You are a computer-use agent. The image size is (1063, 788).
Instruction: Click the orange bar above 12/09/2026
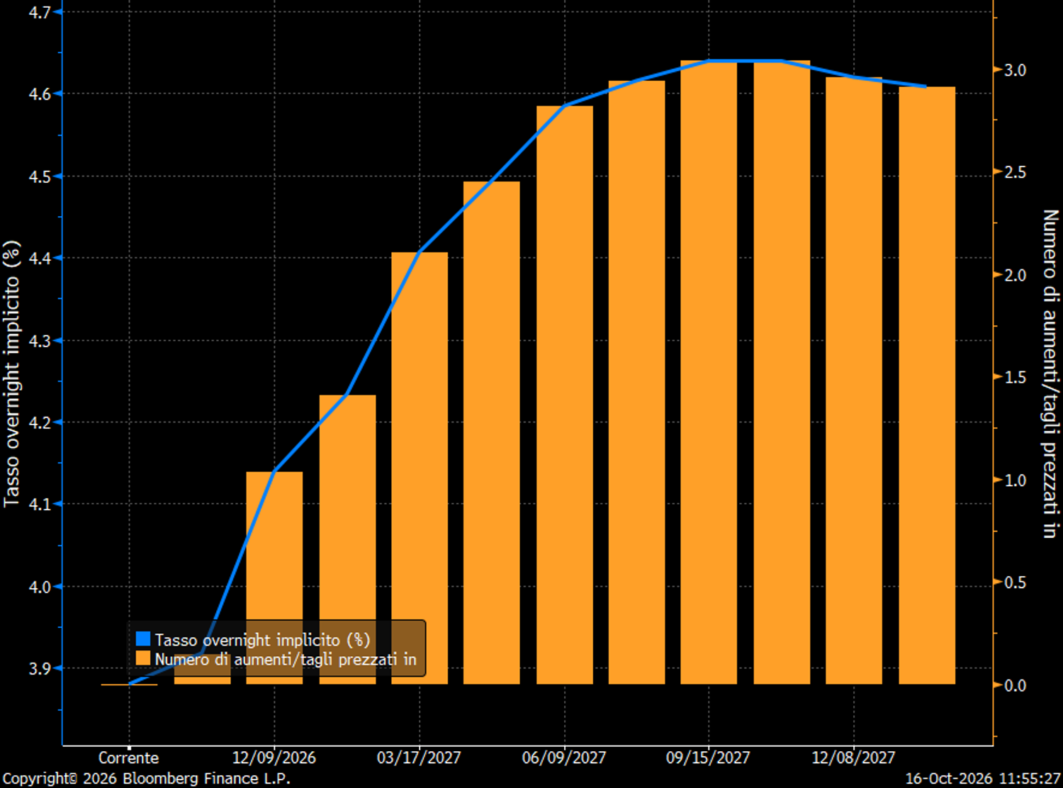pos(274,578)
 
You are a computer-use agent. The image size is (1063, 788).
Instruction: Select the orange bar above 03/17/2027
pos(420,468)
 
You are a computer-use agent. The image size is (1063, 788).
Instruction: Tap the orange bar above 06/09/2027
pos(565,395)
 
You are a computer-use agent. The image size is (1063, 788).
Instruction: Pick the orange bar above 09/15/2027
pos(709,373)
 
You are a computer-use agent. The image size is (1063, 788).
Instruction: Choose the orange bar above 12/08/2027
pos(854,381)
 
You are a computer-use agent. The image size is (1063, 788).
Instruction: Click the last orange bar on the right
pos(927,385)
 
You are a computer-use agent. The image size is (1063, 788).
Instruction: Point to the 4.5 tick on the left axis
pos(58,176)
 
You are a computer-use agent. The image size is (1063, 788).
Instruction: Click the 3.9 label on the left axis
pos(39,668)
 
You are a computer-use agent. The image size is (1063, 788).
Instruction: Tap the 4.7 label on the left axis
pos(39,12)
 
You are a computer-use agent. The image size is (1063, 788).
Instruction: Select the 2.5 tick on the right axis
pos(997,171)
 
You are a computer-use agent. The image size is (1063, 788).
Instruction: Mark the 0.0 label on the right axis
pos(1015,685)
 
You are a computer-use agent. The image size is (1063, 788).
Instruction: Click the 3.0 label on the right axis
pos(1015,70)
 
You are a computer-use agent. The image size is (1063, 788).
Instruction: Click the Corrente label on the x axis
pos(128,758)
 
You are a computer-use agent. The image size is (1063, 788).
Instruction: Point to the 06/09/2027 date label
pos(564,758)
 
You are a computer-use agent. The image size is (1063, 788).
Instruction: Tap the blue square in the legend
pos(143,639)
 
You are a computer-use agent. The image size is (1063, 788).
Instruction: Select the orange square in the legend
pos(143,658)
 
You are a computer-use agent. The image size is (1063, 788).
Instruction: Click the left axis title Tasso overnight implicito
pos(11,374)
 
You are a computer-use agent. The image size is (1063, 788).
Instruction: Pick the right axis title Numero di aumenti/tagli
pos(1050,374)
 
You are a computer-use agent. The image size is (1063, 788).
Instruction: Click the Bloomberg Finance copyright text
pos(147,778)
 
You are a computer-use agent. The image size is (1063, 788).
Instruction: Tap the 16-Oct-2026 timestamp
pos(983,778)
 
